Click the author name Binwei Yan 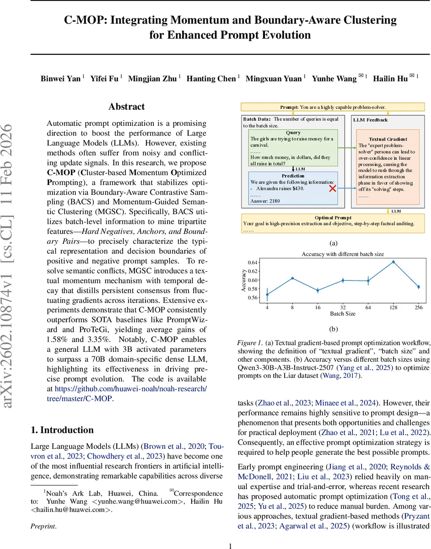coord(61,79)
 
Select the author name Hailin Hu coord(390,79)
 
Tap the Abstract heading coord(126,107)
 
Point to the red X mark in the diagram coord(333,188)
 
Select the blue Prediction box coord(293,188)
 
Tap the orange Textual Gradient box coord(388,167)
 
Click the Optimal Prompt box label coord(333,218)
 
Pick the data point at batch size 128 coord(393,262)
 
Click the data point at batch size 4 coord(267,295)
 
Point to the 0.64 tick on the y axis coord(253,263)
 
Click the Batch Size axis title coord(343,314)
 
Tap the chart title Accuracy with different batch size coord(343,254)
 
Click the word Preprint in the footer coord(43,526)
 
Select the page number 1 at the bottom coord(230,545)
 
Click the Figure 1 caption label coord(250,342)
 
